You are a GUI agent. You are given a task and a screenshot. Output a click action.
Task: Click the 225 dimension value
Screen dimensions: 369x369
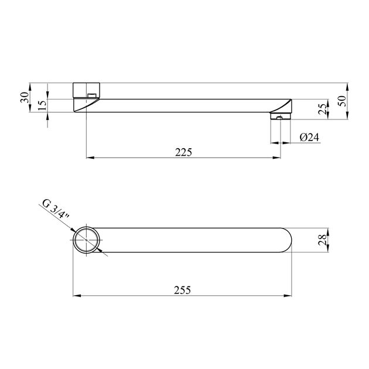click(183, 152)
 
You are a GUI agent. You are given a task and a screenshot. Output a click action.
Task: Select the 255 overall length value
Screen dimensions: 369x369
click(182, 290)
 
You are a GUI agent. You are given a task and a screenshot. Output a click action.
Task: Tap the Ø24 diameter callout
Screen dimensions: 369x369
click(309, 137)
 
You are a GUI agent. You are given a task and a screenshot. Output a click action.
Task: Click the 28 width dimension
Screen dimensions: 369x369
click(322, 240)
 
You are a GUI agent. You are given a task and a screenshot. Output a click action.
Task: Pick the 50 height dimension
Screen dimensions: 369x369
click(343, 101)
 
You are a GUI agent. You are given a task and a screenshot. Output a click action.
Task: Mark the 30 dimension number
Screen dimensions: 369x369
click(25, 97)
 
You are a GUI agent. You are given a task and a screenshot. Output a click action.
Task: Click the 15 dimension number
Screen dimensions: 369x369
click(42, 105)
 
